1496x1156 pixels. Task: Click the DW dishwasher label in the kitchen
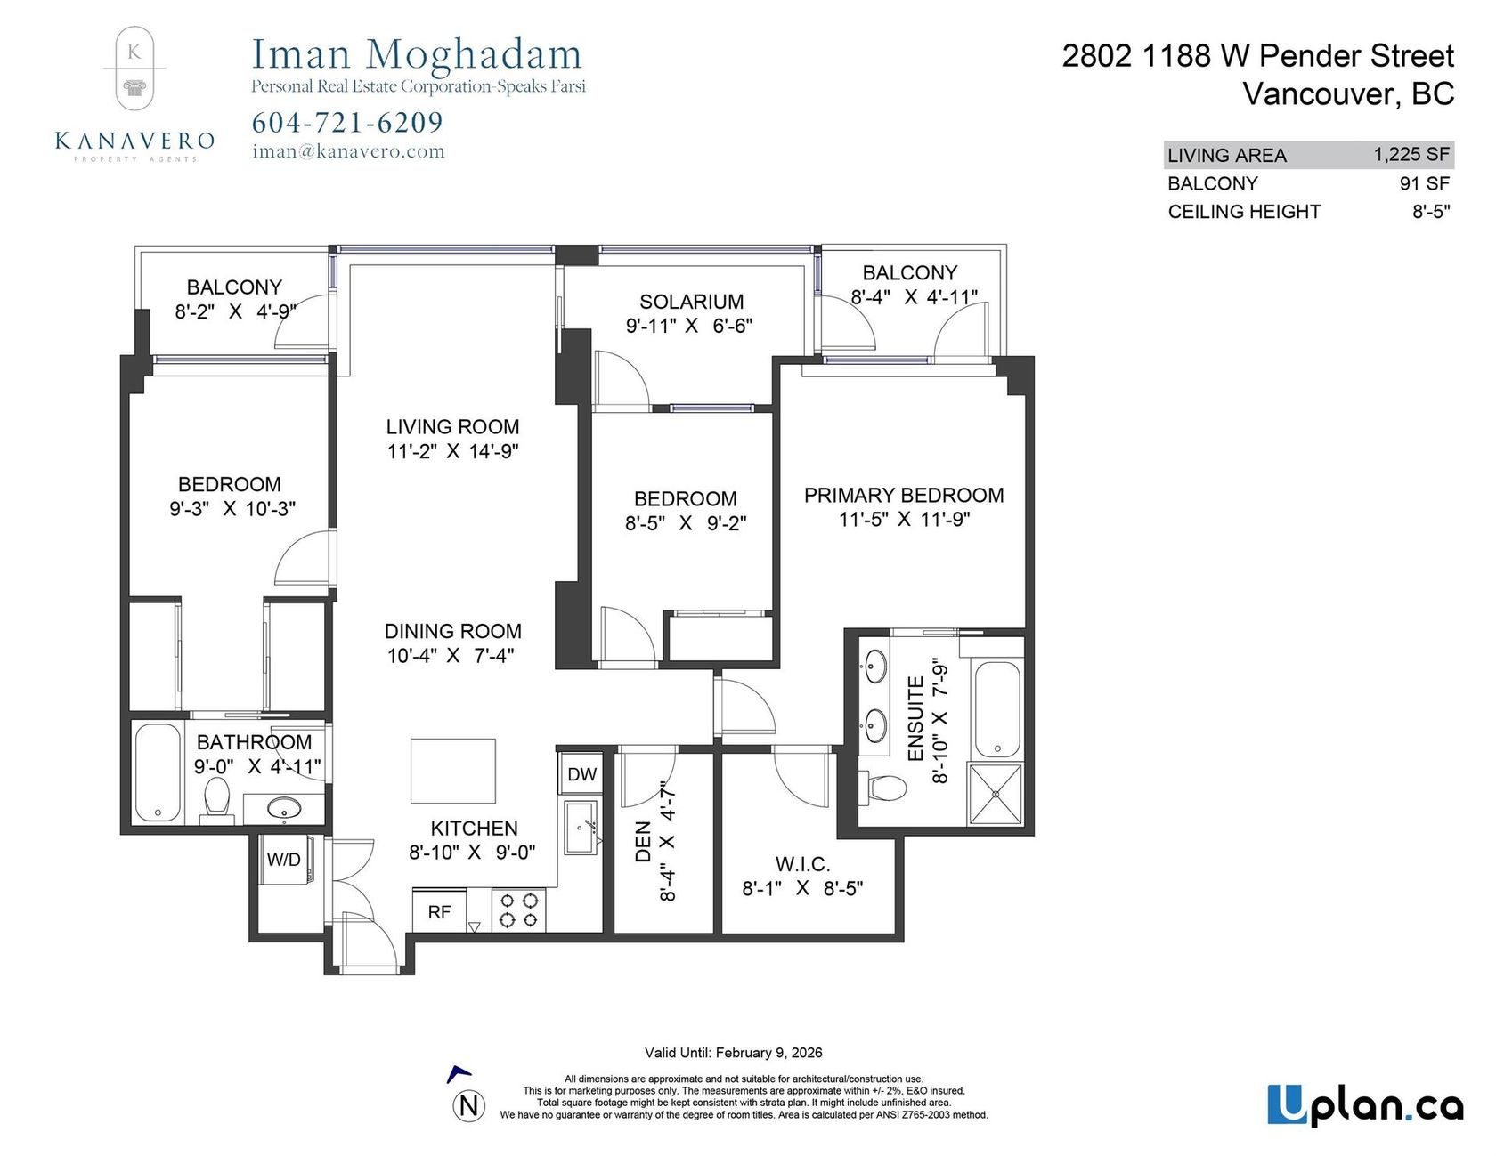pos(581,774)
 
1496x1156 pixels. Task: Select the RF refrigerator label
pos(439,912)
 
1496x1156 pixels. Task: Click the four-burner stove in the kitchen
pos(519,910)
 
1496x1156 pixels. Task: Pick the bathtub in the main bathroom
pos(158,772)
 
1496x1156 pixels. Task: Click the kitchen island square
pos(453,771)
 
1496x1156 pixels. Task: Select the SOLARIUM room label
pos(691,302)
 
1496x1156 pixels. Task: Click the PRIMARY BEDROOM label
pos(904,495)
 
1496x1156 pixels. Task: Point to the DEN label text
pos(643,841)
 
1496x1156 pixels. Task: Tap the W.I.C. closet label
pos(802,864)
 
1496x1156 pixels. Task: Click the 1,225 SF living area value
pos(1411,154)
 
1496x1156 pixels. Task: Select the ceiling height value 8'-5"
pos(1431,212)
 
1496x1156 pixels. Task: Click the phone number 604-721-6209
pos(347,122)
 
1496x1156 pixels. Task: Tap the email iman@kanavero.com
pos(348,151)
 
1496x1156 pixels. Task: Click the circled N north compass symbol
pos(469,1106)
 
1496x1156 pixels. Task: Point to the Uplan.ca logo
pos(1365,1106)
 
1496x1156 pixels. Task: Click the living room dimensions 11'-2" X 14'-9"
pos(452,451)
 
